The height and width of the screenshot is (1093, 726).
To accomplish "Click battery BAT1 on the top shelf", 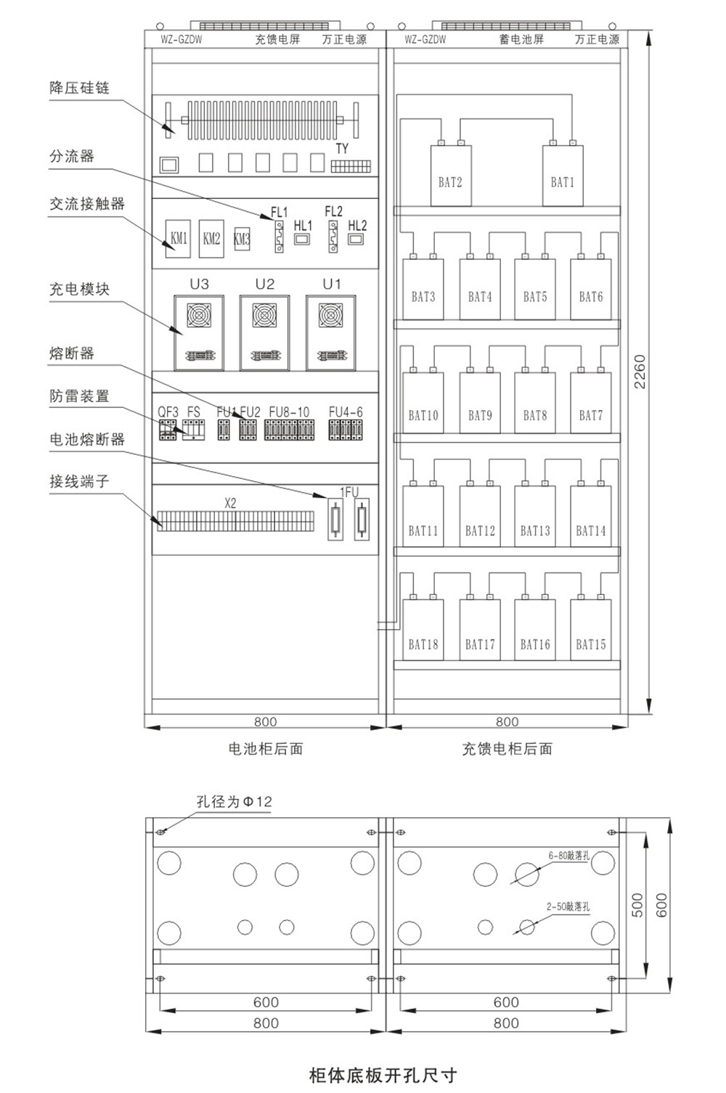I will click(563, 176).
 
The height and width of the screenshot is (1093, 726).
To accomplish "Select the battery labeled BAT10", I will click(423, 404).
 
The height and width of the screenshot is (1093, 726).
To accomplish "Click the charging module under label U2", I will click(265, 333).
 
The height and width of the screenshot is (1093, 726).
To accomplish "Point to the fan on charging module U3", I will click(199, 315).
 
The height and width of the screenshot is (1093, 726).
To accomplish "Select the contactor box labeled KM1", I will click(179, 238).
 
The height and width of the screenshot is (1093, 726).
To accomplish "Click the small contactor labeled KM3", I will click(242, 238).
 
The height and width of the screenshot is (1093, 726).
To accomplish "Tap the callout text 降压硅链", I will click(79, 88).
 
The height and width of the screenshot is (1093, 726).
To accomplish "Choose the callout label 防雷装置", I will click(79, 396).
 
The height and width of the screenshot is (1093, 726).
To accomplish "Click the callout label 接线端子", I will click(79, 481).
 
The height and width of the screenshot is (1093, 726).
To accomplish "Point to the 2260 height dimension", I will click(640, 371).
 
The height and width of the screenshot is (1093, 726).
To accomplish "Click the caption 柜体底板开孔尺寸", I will click(383, 1074).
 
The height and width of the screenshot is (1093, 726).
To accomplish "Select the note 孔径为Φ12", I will click(234, 802).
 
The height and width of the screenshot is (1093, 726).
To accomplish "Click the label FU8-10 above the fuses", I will click(289, 412).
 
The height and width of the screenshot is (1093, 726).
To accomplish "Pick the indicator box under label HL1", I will click(302, 238).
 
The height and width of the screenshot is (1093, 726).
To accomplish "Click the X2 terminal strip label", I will click(230, 502).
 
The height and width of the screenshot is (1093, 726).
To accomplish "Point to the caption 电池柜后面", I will click(265, 749).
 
